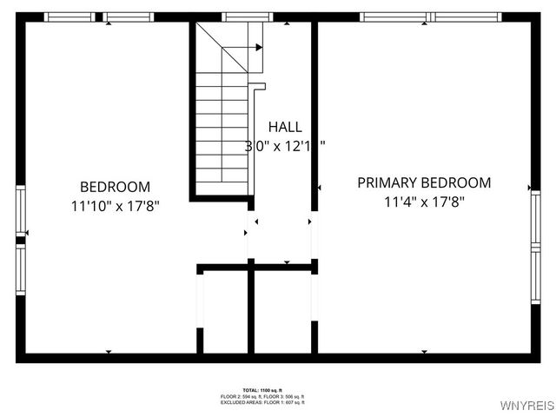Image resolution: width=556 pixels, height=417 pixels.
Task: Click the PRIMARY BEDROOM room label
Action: pos(424,182)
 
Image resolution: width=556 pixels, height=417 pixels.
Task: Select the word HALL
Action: pos(285,127)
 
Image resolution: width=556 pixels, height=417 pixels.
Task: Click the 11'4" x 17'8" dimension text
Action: pos(424,202)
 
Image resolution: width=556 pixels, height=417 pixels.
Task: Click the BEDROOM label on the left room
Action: pos(116,187)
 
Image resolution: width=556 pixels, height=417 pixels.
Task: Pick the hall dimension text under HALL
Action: pos(285,146)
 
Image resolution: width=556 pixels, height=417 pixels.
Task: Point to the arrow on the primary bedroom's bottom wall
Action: pos(424,351)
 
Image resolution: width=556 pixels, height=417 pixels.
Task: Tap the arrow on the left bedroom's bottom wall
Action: pos(109,351)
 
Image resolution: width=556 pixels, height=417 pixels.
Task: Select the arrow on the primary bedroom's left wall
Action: pos(320,187)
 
